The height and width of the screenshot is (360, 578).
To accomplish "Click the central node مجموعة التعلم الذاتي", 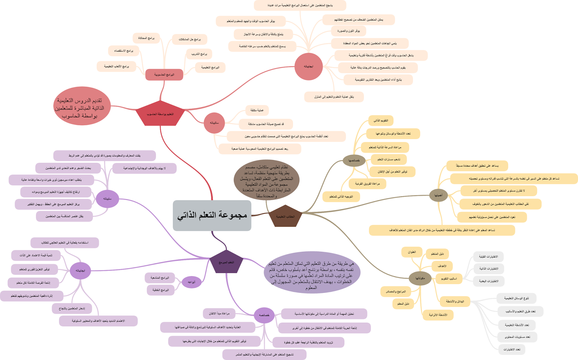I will [212, 216].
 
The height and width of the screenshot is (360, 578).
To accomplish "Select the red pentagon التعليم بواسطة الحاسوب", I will [160, 114].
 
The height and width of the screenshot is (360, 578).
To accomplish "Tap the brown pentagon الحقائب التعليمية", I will [285, 216].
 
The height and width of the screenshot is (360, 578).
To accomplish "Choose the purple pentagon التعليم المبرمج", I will [226, 262].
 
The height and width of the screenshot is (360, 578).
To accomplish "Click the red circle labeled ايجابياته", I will [309, 66].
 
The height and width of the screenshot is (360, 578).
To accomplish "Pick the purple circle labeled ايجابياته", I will [80, 270].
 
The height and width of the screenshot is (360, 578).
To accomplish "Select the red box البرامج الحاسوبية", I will [164, 75].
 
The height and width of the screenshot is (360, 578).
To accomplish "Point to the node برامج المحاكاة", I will [146, 38].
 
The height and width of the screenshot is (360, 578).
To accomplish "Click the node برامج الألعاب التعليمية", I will [116, 66].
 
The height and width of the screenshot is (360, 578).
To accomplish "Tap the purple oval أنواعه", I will [191, 282].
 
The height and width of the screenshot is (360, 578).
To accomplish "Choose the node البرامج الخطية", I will [160, 290].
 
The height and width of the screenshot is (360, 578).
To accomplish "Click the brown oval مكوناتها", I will [420, 278].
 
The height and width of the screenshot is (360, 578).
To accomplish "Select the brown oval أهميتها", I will [438, 195].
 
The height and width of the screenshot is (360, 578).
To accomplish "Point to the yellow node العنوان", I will [411, 252].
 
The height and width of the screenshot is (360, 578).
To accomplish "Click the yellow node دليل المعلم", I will [403, 304].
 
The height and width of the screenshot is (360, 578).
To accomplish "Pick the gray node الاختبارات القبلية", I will [488, 257].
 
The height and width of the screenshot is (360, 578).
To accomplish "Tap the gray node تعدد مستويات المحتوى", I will [517, 337].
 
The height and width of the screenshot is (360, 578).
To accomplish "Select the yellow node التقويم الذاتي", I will [381, 121].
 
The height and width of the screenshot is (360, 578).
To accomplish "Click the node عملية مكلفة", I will [257, 110].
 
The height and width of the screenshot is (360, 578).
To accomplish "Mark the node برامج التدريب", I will [199, 54].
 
